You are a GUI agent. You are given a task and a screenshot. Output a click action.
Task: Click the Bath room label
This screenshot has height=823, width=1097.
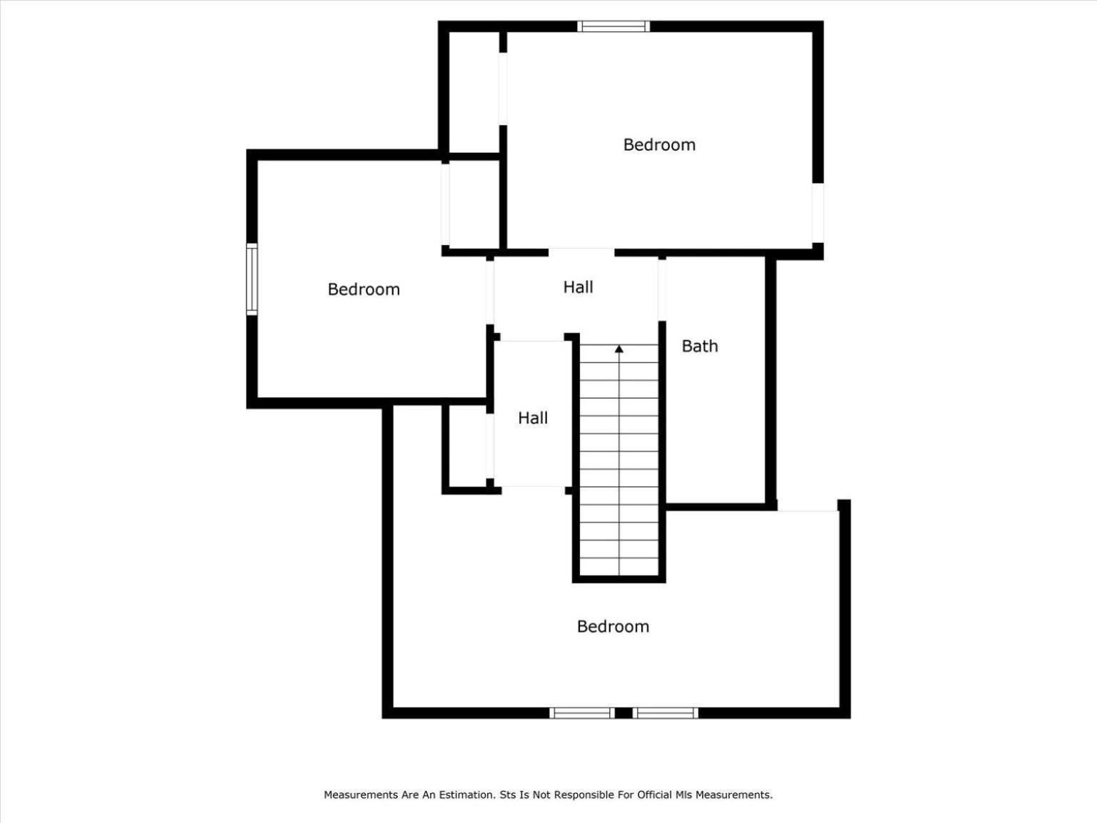700,346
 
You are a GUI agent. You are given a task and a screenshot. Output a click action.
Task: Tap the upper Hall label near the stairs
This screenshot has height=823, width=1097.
578,286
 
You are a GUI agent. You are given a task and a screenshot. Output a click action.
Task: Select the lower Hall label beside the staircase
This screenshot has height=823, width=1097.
533,418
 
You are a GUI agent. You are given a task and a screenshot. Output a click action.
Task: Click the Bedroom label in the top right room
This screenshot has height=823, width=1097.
659,145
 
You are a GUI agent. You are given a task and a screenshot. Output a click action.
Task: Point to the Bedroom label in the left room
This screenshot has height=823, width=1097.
364,289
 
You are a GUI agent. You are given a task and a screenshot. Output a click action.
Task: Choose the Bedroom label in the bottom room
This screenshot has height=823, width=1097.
613,627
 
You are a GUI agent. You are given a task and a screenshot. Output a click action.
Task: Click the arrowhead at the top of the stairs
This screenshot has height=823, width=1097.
619,349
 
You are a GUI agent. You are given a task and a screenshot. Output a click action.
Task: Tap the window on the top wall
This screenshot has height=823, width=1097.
613,26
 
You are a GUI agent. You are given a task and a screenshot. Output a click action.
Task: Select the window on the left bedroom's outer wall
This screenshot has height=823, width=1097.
252,279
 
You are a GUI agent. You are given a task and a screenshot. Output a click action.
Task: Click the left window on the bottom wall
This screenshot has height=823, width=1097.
582,713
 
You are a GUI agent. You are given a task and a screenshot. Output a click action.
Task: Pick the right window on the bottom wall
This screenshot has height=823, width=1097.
665,713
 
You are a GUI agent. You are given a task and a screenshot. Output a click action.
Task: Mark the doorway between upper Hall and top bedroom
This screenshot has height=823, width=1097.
581,252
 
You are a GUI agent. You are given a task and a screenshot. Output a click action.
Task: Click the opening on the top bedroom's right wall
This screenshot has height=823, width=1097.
818,213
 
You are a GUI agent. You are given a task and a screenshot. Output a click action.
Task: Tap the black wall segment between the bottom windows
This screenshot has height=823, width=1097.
623,713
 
